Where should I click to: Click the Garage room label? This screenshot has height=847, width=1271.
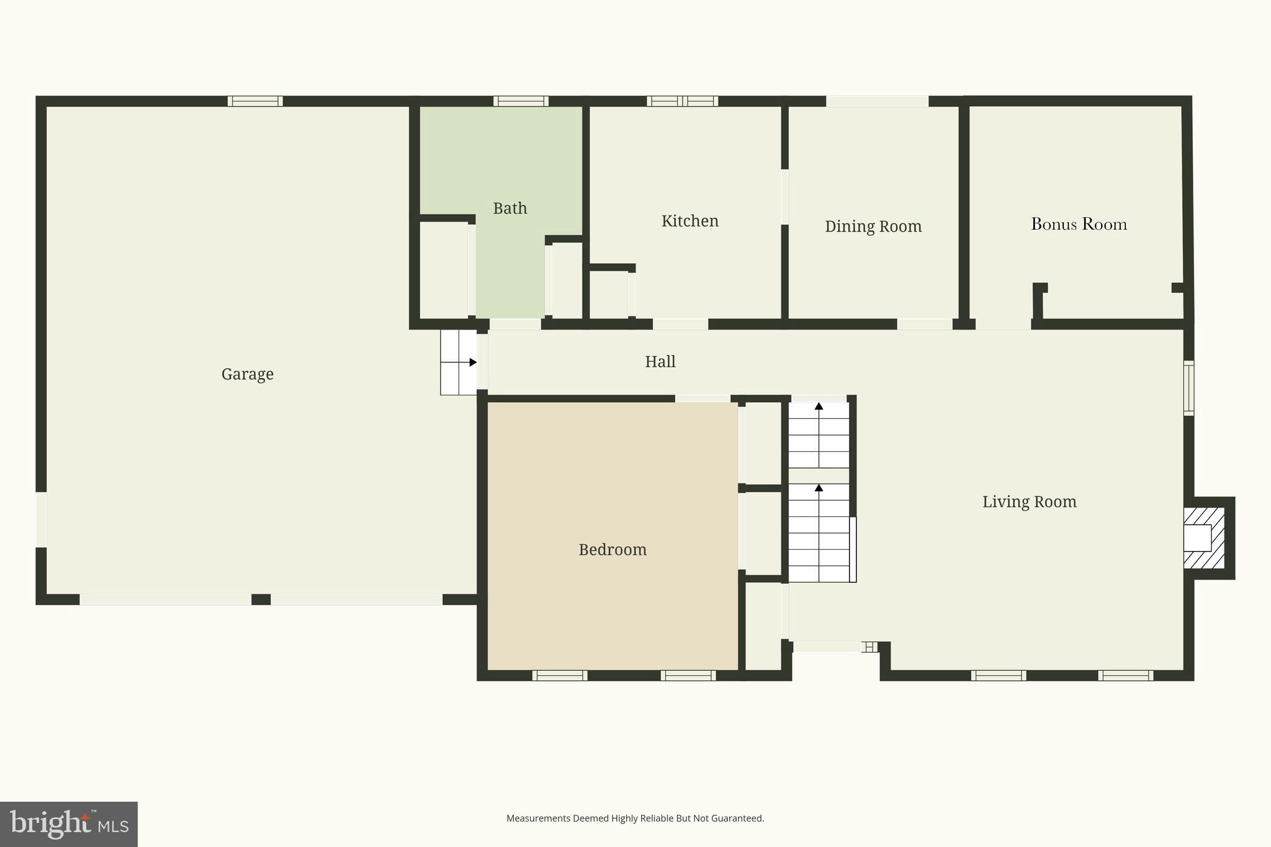click(x=247, y=374)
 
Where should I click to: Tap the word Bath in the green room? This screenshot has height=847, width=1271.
click(x=510, y=208)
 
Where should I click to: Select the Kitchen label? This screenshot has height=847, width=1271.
click(x=689, y=221)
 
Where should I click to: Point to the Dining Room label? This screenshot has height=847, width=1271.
click(x=873, y=226)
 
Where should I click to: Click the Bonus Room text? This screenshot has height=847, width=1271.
click(x=1079, y=224)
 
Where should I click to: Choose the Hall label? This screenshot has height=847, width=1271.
click(x=660, y=362)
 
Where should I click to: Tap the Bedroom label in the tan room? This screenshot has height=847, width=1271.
click(x=612, y=550)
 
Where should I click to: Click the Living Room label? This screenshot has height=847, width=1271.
click(x=1029, y=501)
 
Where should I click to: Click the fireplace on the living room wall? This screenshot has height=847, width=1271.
click(x=1204, y=538)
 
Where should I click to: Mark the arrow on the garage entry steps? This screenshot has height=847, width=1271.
click(x=472, y=362)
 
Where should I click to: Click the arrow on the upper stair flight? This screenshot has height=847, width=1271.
click(x=819, y=406)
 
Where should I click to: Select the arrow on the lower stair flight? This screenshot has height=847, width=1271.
click(x=819, y=488)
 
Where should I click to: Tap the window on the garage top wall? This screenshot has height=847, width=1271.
click(x=255, y=101)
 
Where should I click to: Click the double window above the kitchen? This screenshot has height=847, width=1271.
click(x=682, y=101)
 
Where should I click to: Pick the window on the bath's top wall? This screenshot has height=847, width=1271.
click(x=521, y=101)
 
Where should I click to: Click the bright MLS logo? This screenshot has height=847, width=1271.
click(x=69, y=824)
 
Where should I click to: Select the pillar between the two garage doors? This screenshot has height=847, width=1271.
click(x=261, y=599)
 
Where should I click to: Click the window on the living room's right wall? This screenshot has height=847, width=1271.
click(x=1188, y=388)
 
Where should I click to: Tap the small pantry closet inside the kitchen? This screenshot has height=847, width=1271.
click(x=609, y=295)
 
